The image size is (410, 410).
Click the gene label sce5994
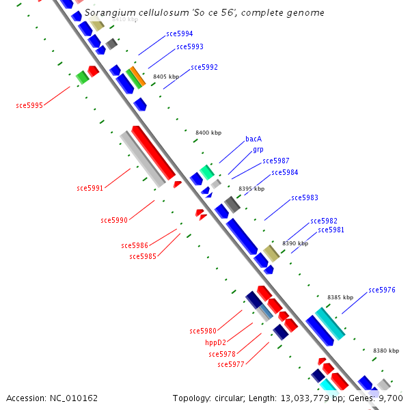click(x=179, y=33)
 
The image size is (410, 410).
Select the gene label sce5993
click(x=189, y=46)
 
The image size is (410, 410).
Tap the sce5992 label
click(x=204, y=67)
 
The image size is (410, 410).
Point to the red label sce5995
click(x=29, y=105)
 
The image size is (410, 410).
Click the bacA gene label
click(x=254, y=139)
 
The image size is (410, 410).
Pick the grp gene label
click(x=258, y=149)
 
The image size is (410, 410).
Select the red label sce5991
click(x=90, y=188)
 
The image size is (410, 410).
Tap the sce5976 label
click(x=382, y=290)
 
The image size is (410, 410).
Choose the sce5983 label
click(x=305, y=197)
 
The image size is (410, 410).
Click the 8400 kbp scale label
click(x=208, y=133)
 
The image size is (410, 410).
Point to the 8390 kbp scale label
click(x=295, y=243)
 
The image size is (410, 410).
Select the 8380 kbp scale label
click(x=386, y=351)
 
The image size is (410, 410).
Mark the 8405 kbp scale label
click(x=166, y=77)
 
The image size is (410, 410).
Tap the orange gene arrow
click(x=137, y=76)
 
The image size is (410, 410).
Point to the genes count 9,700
click(x=390, y=398)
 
